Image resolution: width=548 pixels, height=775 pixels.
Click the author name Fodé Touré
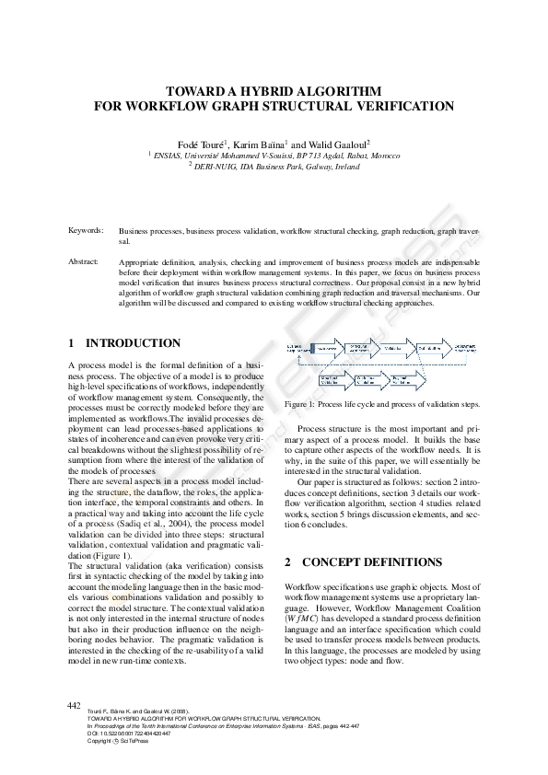tap(202, 145)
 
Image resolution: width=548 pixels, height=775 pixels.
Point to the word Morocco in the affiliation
tap(382, 156)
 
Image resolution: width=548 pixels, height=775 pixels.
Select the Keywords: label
tap(86, 229)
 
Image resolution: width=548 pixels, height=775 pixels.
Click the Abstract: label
tap(84, 262)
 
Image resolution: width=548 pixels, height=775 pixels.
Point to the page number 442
tap(75, 705)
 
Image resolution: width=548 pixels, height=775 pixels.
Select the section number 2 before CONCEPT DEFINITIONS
tap(288, 561)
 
